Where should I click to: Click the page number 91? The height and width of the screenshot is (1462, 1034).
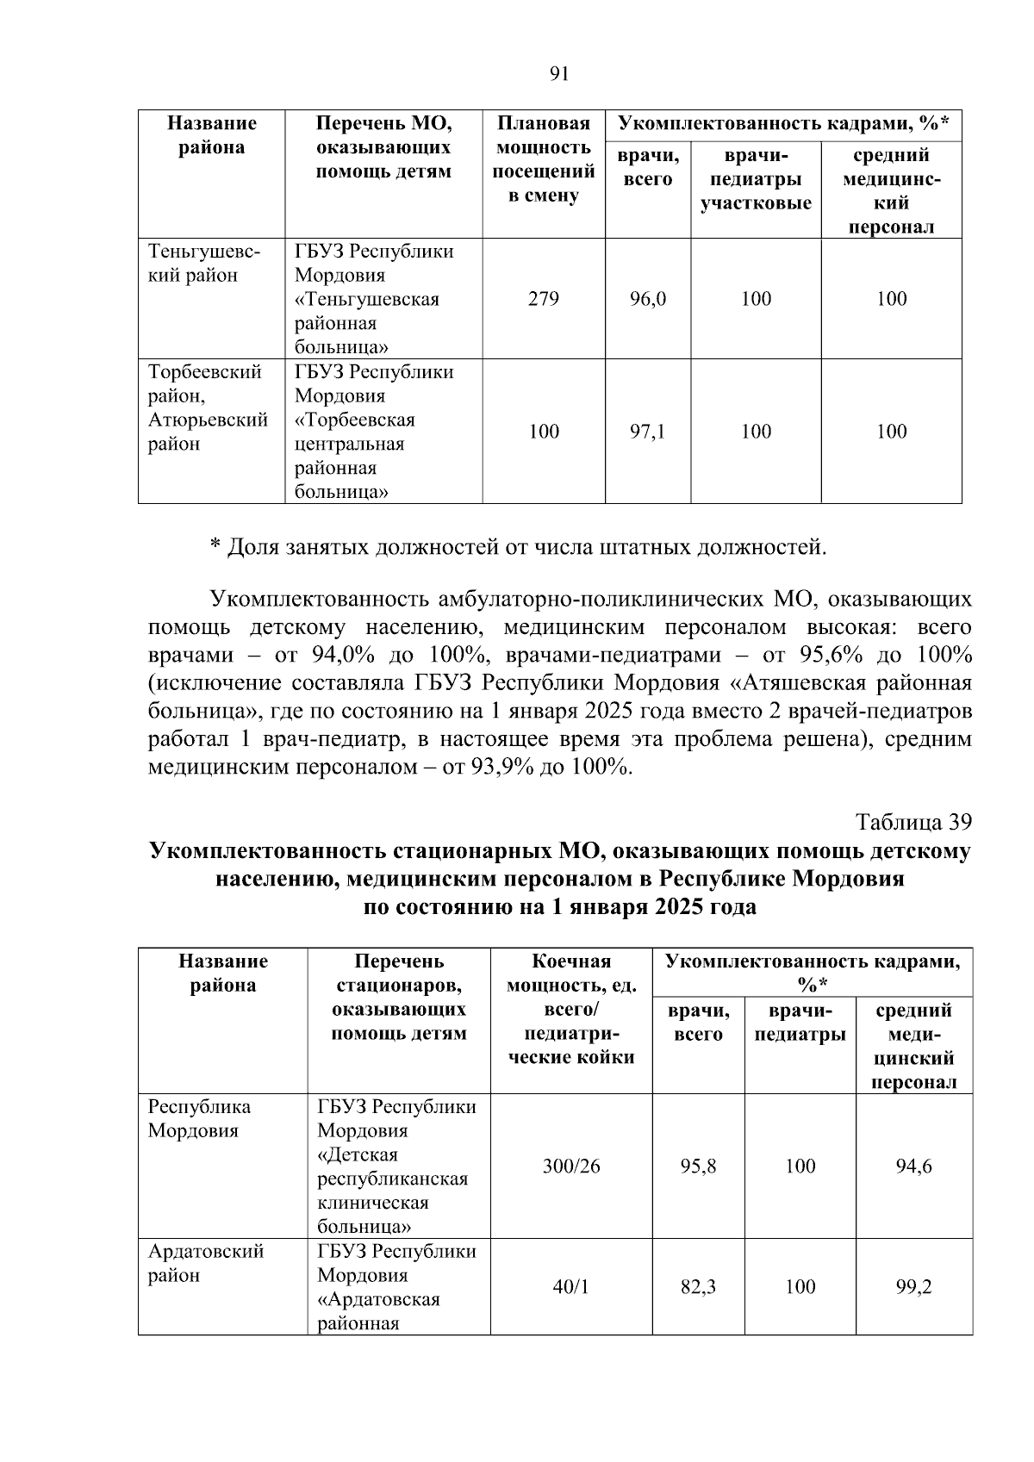(x=559, y=74)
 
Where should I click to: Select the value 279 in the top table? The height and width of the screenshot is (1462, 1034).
(x=544, y=299)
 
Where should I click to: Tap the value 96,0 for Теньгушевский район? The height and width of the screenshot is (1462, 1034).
(x=648, y=299)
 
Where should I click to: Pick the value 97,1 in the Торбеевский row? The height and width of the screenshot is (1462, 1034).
(x=648, y=432)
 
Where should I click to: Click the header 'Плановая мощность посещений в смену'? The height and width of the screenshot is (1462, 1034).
(x=544, y=159)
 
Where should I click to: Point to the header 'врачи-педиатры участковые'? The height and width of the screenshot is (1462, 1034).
(x=756, y=179)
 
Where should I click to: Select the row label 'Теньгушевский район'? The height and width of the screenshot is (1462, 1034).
(x=204, y=264)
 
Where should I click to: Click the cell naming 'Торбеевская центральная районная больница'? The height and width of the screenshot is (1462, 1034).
(x=374, y=432)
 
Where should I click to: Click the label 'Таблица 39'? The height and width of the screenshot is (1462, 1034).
(x=914, y=821)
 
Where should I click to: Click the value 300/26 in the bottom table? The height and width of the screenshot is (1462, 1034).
(x=571, y=1166)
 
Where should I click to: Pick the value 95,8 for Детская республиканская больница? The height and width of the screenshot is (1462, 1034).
(x=698, y=1166)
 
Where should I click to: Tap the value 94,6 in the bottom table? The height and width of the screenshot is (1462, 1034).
(x=913, y=1166)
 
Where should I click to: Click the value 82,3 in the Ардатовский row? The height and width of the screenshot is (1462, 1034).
(x=698, y=1286)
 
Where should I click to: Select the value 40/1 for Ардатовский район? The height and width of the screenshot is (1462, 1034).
(x=571, y=1286)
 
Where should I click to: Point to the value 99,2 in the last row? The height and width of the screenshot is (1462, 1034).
(x=913, y=1286)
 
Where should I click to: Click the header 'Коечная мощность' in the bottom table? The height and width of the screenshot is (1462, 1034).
(x=571, y=1009)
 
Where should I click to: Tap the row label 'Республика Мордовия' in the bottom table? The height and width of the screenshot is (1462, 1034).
(x=199, y=1118)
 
